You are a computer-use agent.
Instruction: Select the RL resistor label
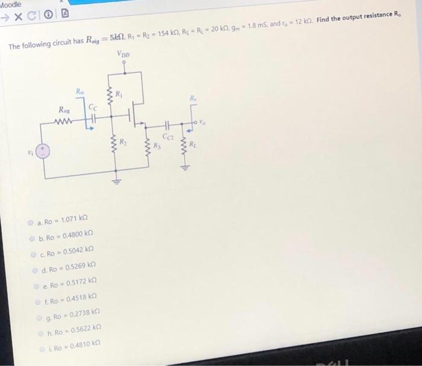click(192, 144)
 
